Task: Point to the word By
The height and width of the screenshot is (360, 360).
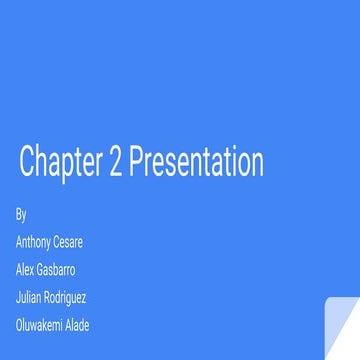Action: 21,215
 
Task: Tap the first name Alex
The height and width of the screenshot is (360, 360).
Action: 25,270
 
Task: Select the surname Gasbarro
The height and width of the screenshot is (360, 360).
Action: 56,270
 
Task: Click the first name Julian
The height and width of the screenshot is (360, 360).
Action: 28,297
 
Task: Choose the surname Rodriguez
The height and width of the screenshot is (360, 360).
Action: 64,297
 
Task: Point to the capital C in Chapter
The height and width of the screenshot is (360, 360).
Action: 26,162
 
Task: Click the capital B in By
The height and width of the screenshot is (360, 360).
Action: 19,214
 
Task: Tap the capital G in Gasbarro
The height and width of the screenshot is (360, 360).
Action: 41,270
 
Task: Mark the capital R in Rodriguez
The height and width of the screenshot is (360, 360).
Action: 46,297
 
